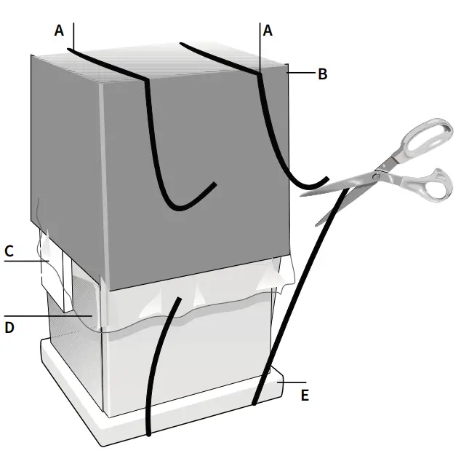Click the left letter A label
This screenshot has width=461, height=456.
(59, 30)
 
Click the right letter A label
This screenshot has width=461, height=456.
(268, 30)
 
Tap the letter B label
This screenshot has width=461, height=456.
(323, 73)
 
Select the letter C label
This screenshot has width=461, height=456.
(9, 251)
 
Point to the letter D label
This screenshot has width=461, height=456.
(9, 327)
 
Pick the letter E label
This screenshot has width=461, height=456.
(305, 395)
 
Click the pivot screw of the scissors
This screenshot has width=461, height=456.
(377, 175)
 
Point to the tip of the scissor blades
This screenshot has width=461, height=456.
(302, 194)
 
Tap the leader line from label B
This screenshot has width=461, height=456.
(301, 73)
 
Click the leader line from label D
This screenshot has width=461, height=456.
(51, 316)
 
